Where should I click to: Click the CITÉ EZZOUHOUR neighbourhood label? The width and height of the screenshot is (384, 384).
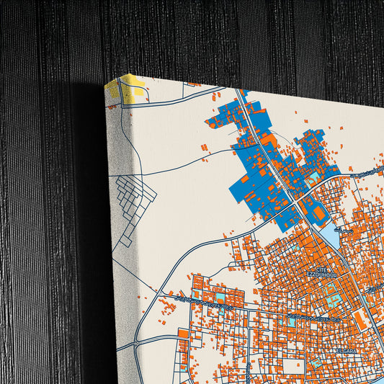pyautogui.click(x=316, y=272)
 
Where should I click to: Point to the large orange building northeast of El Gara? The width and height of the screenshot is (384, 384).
pyautogui.click(x=360, y=317)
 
